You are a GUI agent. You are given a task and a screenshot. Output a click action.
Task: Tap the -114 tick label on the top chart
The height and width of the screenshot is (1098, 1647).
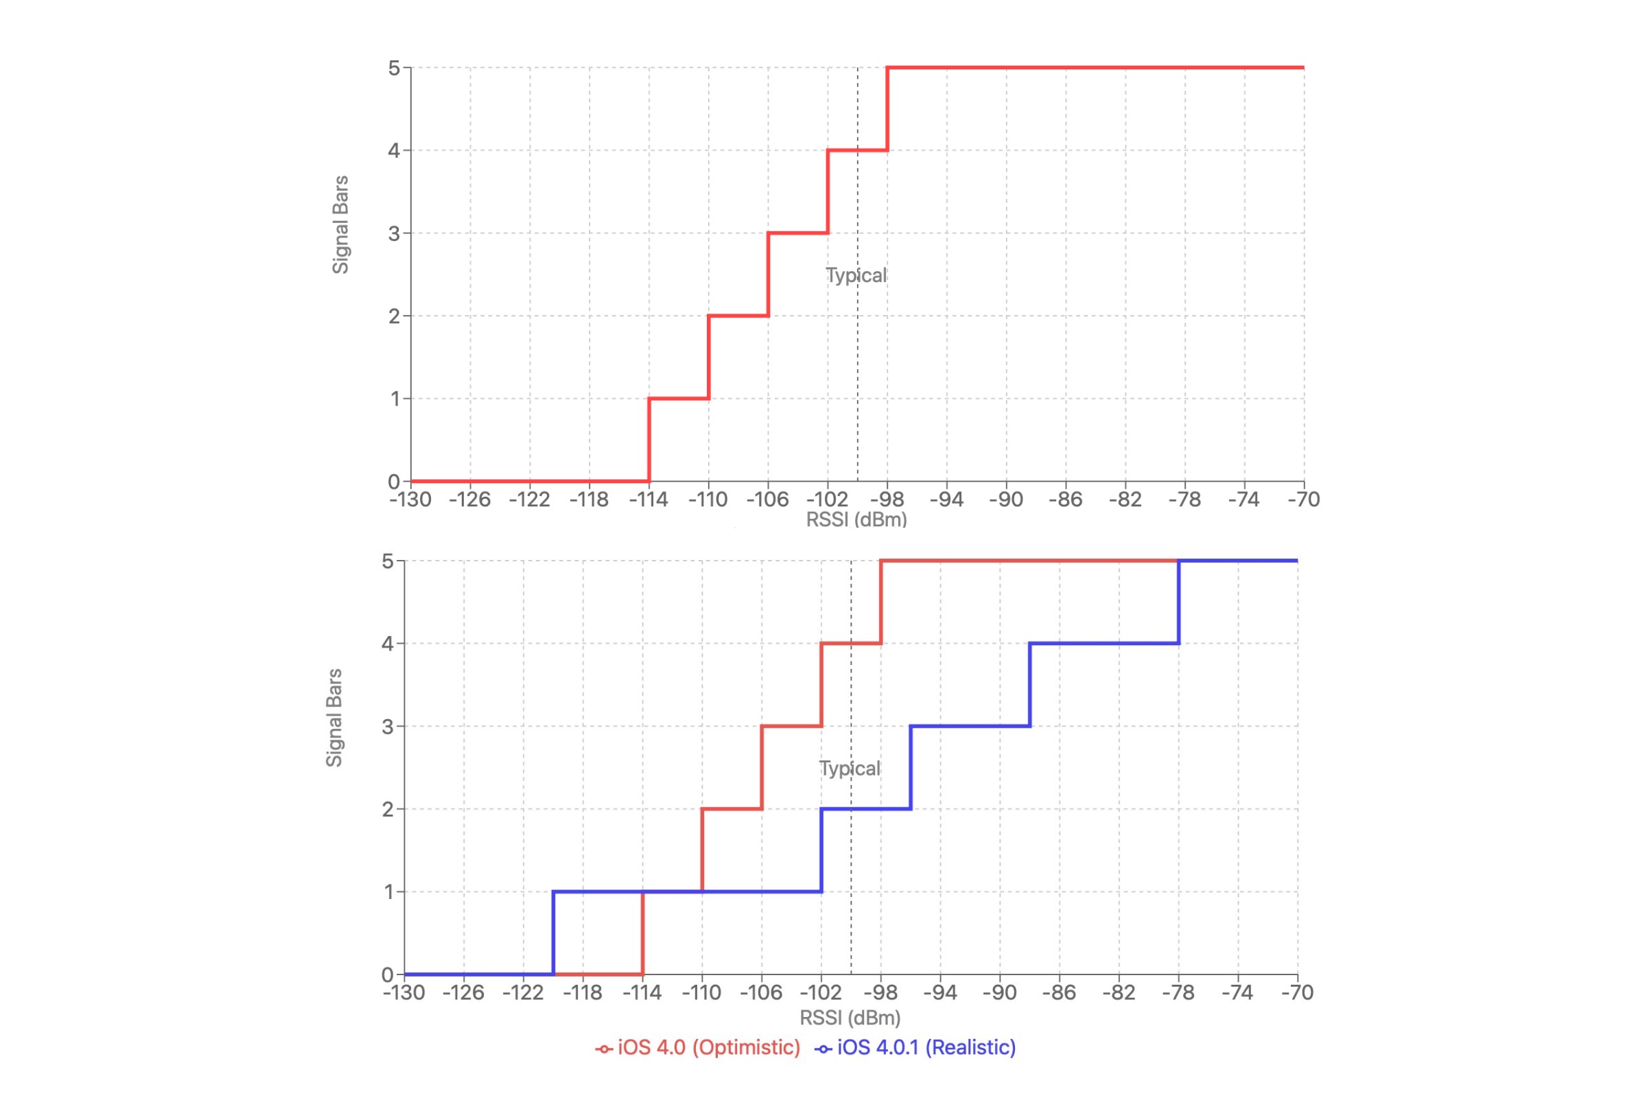(648, 500)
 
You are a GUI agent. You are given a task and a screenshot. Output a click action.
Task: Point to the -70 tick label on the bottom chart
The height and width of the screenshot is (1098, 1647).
(1297, 992)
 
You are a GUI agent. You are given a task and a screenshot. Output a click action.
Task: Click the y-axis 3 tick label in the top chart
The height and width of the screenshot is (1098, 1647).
(394, 233)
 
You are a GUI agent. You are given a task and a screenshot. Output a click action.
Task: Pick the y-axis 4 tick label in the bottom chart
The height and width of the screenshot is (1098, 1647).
(388, 644)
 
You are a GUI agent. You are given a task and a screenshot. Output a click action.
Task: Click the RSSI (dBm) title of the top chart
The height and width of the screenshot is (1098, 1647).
(856, 519)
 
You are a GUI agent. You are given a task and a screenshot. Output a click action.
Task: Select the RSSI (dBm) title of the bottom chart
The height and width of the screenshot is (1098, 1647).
(850, 1018)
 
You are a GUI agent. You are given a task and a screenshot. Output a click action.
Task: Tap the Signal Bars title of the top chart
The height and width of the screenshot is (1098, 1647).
(340, 225)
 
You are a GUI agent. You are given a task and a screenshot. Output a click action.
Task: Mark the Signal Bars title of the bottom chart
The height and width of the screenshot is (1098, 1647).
(335, 718)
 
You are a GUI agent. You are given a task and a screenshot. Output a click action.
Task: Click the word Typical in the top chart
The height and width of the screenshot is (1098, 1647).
(856, 275)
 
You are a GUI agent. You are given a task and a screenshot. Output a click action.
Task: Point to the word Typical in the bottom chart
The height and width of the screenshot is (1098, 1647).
(850, 768)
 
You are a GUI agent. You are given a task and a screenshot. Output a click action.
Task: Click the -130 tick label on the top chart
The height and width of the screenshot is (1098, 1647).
(410, 500)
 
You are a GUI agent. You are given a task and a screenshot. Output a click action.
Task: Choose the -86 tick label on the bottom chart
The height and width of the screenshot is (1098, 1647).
(1059, 992)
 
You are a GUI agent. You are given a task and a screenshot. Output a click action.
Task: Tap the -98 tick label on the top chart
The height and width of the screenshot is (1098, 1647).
(887, 500)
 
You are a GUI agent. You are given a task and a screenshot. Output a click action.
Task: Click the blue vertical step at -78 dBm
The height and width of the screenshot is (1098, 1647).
(1178, 603)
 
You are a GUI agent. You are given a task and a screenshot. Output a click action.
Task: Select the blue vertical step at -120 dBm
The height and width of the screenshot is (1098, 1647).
(553, 933)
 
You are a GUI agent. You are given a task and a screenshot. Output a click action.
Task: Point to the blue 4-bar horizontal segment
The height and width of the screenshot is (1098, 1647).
(1104, 643)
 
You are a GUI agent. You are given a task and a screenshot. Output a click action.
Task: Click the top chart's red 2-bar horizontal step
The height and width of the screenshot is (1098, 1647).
(738, 316)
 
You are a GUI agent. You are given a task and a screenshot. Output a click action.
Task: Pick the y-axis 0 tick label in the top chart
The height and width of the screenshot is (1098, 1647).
(394, 482)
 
